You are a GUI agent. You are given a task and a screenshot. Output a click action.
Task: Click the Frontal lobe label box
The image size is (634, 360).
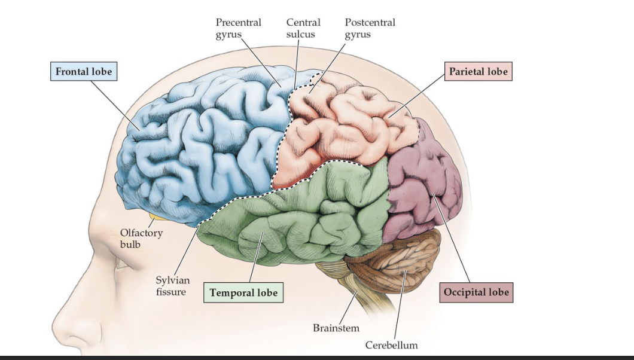tap(84, 72)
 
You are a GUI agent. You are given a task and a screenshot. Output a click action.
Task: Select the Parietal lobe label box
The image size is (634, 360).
tap(478, 72)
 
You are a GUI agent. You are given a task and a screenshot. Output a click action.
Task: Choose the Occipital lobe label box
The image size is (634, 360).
tap(477, 292)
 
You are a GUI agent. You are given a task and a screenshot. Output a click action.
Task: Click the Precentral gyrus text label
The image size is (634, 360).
tap(238, 28)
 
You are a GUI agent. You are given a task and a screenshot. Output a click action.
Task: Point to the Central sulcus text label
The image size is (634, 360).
tap(303, 28)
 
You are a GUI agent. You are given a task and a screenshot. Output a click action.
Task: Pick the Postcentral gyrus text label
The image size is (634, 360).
tap(370, 28)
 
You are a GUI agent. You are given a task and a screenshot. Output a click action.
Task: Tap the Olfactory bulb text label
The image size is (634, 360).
tap(141, 238)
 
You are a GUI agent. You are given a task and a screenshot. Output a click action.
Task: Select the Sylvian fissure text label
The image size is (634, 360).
tap(172, 286)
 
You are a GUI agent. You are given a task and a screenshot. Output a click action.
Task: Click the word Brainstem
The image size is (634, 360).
tap(336, 328)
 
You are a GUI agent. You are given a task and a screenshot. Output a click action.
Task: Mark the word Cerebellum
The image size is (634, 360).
tap(391, 345)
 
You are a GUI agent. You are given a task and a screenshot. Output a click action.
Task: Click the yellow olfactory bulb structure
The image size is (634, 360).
tap(159, 216)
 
